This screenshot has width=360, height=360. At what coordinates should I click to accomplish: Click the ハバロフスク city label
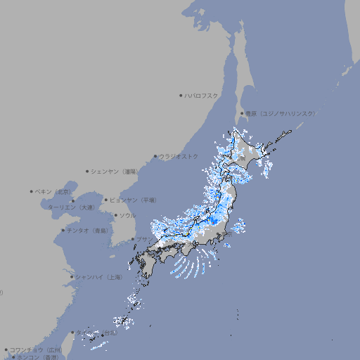click(202, 95)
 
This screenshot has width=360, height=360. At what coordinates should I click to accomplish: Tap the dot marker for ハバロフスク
click(181, 95)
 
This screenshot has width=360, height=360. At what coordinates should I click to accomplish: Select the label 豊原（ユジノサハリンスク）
click(281, 113)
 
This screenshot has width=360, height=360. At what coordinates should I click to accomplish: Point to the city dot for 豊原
click(242, 113)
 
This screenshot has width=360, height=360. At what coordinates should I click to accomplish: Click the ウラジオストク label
click(179, 156)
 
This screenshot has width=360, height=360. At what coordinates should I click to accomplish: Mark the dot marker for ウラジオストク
click(155, 156)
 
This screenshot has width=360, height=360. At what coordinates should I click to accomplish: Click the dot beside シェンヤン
click(88, 171)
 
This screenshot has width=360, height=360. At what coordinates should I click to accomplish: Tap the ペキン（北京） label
click(54, 191)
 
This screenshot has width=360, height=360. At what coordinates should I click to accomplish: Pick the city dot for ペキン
click(32, 191)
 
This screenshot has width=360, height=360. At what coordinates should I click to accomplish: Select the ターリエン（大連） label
click(71, 207)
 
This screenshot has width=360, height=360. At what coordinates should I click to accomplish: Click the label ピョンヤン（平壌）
click(134, 200)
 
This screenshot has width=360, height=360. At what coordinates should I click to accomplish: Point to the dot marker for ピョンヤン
click(107, 200)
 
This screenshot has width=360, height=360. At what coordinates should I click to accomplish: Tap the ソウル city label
click(127, 215)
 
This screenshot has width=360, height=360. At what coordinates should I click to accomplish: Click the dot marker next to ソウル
click(115, 215)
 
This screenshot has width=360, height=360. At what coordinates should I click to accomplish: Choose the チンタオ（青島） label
click(88, 231)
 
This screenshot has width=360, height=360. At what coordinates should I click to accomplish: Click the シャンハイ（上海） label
click(99, 277)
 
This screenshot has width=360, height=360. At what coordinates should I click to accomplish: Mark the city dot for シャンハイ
click(72, 277)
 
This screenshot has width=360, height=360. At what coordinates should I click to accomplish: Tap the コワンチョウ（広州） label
click(36, 349)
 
